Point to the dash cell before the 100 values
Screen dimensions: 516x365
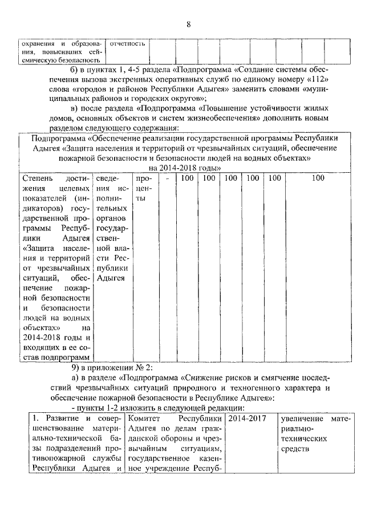pos(166,178)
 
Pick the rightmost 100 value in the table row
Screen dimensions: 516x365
pos(318,178)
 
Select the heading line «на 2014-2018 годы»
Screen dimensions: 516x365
pos(185,167)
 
